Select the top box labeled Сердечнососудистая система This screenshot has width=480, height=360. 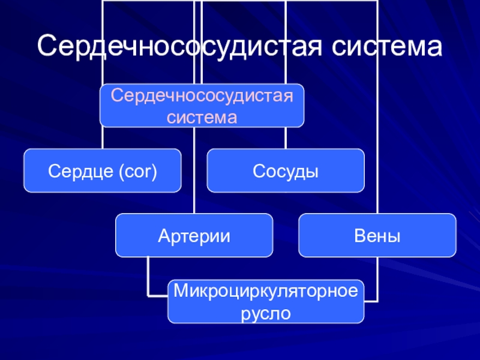[x=202, y=106]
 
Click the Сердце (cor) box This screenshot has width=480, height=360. [x=102, y=171]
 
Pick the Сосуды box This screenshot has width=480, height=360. [x=286, y=171]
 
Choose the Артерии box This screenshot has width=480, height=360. [x=194, y=235]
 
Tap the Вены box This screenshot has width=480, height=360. [x=377, y=235]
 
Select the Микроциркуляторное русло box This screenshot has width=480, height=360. [x=265, y=301]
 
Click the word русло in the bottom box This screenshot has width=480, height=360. [x=265, y=313]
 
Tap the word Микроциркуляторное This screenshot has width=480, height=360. [x=265, y=292]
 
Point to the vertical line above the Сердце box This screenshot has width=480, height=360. [x=102, y=138]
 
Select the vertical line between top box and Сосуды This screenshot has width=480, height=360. [x=286, y=138]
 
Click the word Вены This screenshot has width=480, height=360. [x=377, y=236]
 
